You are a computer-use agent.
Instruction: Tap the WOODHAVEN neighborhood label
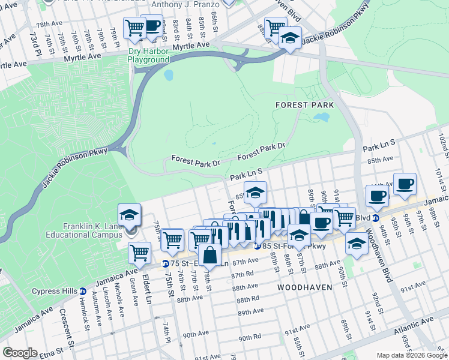[x=305, y=287]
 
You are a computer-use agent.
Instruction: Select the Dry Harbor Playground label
[x=148, y=56]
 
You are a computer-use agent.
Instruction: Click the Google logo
[x=20, y=352]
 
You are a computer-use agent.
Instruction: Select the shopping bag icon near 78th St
[x=209, y=255]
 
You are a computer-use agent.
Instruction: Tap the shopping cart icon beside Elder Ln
[x=139, y=253]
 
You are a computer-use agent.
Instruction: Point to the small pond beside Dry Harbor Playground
[x=169, y=75]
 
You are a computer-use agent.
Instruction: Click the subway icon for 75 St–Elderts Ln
[x=166, y=264]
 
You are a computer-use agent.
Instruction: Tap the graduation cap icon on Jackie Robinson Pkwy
[x=290, y=37]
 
